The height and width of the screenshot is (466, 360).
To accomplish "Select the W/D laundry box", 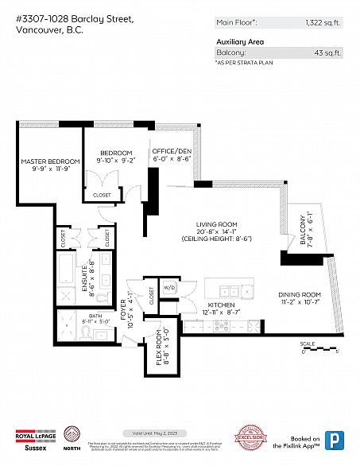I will point(169,287).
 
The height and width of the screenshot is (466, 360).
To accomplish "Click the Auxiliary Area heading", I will point(240,41).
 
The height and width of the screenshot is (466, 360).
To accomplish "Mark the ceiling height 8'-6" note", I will point(210,239).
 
